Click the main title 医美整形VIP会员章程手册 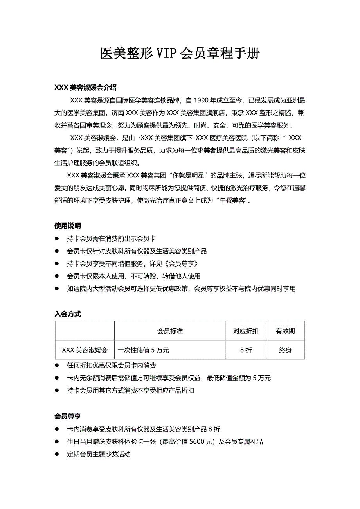pyautogui.click(x=180, y=54)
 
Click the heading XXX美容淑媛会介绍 pyautogui.click(x=85, y=88)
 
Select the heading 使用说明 pyautogui.click(x=67, y=226)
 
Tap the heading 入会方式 pyautogui.click(x=67, y=314)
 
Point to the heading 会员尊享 pyautogui.click(x=67, y=416)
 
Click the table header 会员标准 pyautogui.click(x=170, y=331)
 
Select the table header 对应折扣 pyautogui.click(x=246, y=331)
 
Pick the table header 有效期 pyautogui.click(x=285, y=331)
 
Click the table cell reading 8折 pyautogui.click(x=246, y=350)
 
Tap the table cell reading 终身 pyautogui.click(x=285, y=350)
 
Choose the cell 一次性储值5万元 pyautogui.click(x=144, y=350)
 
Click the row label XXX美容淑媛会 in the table pyautogui.click(x=85, y=350)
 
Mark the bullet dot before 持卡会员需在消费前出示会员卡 pyautogui.click(x=57, y=238)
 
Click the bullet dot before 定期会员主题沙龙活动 pyautogui.click(x=57, y=454)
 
